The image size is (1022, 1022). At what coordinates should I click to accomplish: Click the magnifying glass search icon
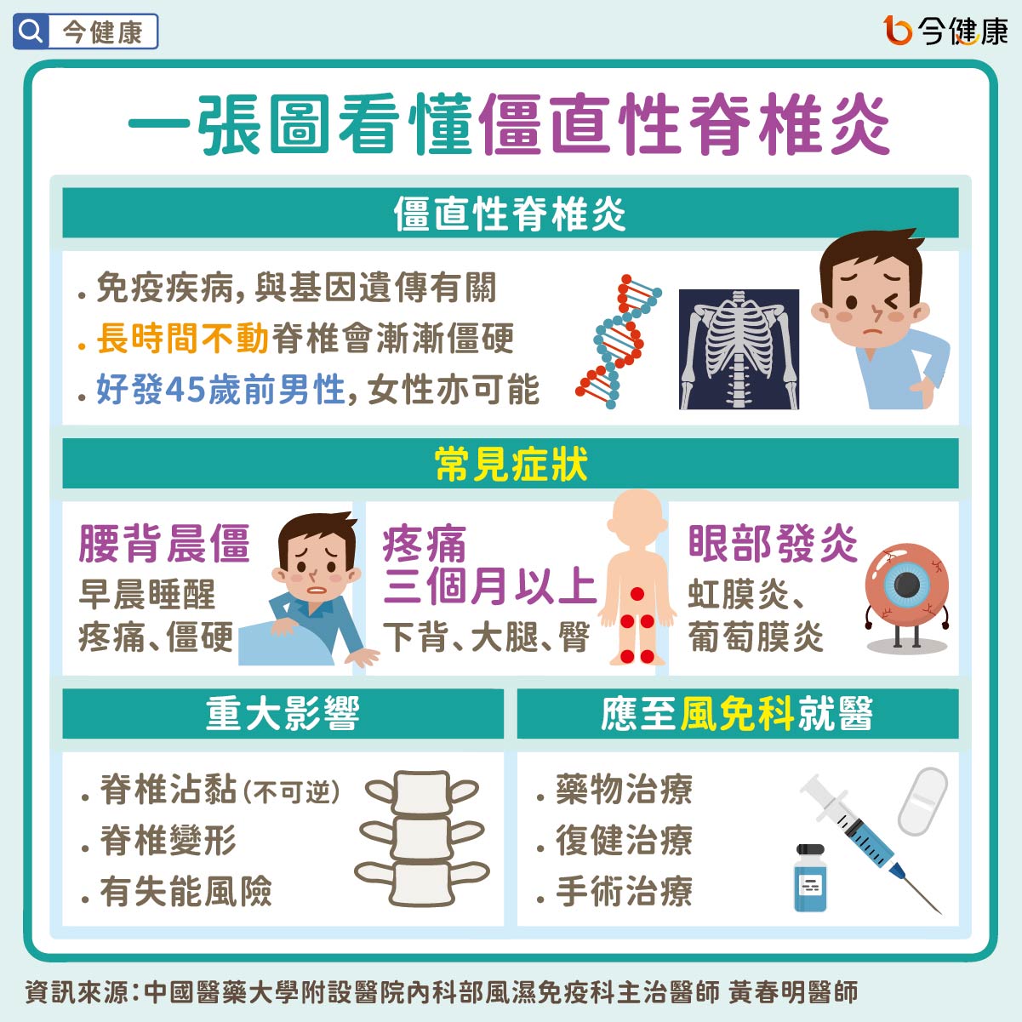(31, 31)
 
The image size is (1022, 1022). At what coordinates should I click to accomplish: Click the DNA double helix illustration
(619, 341)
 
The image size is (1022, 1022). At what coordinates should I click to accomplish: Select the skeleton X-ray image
(739, 349)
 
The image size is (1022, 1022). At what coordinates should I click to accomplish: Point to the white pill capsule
(922, 802)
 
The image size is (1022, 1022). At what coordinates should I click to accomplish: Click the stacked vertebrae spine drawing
(422, 837)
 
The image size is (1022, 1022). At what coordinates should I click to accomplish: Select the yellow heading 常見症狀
(511, 464)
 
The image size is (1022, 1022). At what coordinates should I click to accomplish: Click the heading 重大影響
(283, 713)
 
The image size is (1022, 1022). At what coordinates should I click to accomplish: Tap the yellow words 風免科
(738, 713)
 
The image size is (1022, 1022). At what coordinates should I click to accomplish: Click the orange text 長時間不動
(182, 338)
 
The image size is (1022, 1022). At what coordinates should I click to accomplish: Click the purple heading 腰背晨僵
(164, 544)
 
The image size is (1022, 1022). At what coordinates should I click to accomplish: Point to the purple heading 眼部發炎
(773, 544)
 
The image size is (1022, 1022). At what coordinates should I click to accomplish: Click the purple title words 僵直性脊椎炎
(684, 125)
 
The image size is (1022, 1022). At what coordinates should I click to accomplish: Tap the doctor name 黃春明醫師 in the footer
(792, 991)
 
